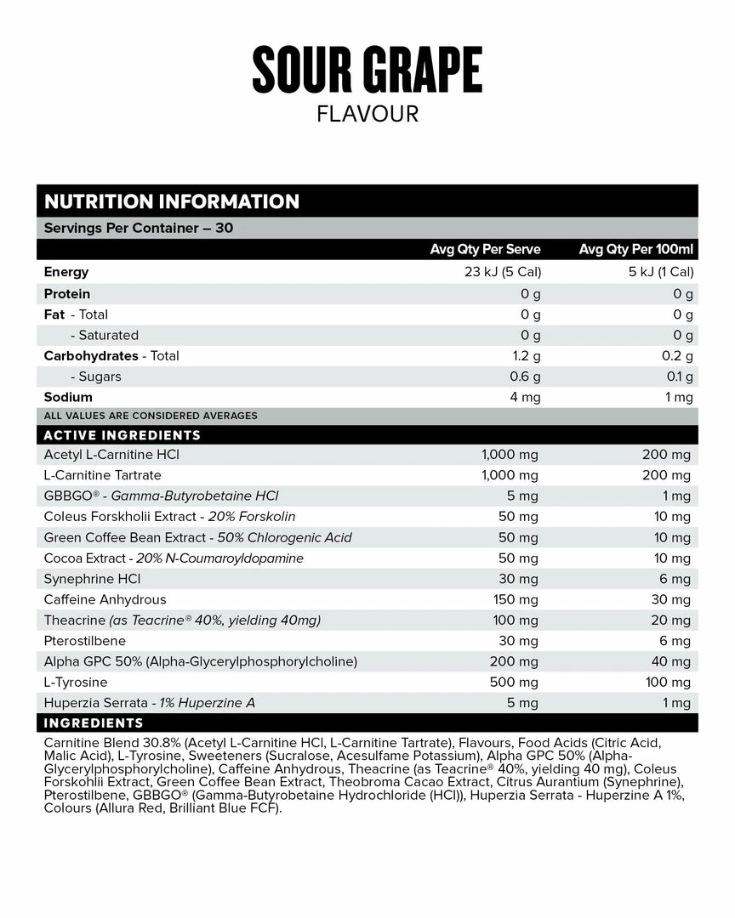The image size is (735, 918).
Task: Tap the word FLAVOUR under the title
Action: click(x=367, y=114)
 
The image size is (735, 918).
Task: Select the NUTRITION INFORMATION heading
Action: click(x=172, y=201)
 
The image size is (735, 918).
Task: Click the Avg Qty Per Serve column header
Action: click(x=486, y=249)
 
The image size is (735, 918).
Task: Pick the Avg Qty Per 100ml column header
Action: click(x=636, y=249)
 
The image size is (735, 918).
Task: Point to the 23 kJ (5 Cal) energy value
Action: click(x=498, y=272)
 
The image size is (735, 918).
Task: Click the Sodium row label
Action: click(x=68, y=397)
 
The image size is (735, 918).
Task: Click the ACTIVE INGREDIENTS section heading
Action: click(x=122, y=435)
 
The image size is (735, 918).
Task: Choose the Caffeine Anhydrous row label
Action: click(x=105, y=599)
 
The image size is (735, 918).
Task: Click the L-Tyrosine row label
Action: click(x=76, y=682)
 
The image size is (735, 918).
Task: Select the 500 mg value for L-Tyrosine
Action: click(x=514, y=682)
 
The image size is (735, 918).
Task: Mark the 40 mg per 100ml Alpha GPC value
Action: click(x=670, y=661)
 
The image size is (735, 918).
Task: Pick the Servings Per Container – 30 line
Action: click(x=139, y=228)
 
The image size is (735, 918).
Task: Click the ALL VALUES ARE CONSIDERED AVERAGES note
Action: click(x=151, y=416)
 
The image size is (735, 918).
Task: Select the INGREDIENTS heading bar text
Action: click(x=94, y=723)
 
